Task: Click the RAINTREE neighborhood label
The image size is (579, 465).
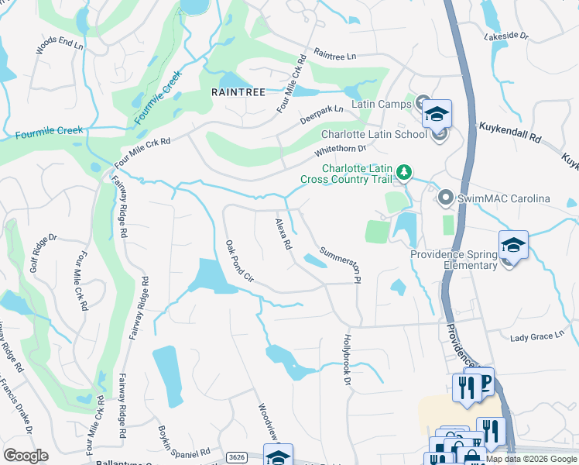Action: pyautogui.click(x=238, y=91)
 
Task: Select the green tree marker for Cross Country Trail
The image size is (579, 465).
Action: pyautogui.click(x=403, y=171)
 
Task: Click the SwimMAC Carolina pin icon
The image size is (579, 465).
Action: pyautogui.click(x=445, y=198)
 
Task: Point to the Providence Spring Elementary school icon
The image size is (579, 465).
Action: pyautogui.click(x=513, y=245)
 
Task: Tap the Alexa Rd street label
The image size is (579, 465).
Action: pyautogui.click(x=283, y=233)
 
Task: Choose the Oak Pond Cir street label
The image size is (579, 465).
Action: pyautogui.click(x=239, y=260)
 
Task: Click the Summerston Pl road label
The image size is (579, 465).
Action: pyautogui.click(x=341, y=264)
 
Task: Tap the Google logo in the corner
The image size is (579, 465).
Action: pyautogui.click(x=26, y=455)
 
